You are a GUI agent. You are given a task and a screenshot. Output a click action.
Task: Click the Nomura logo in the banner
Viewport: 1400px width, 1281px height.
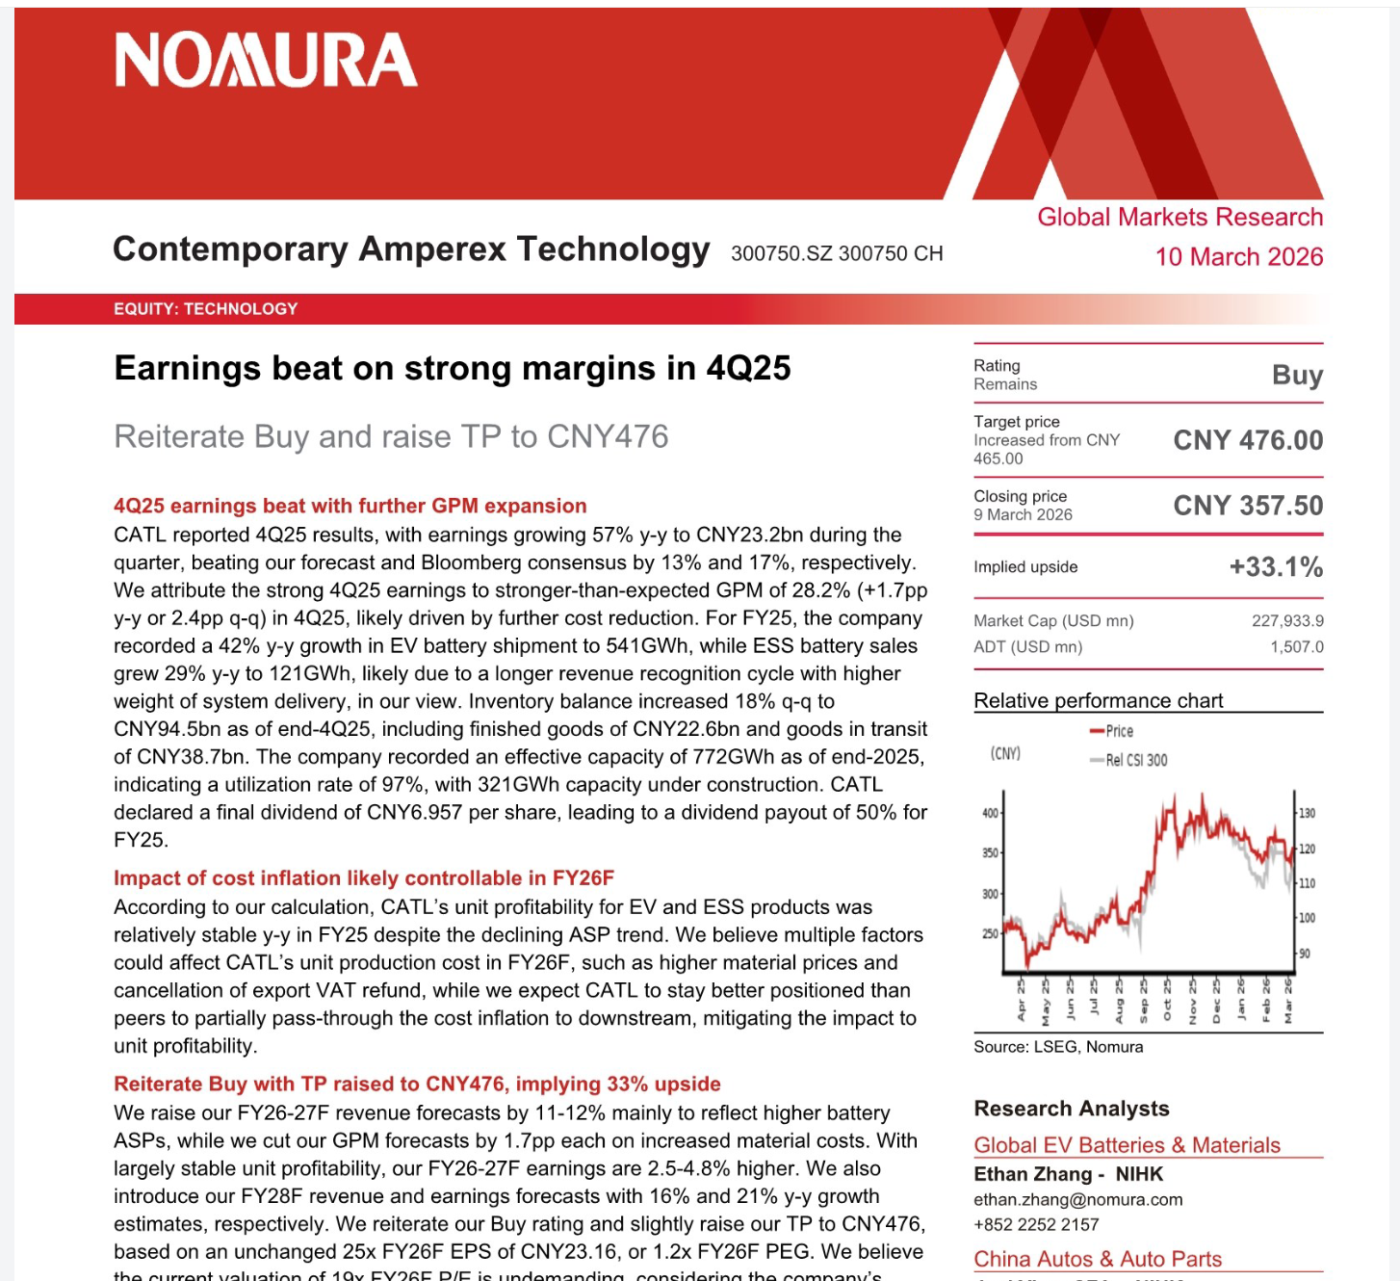point(266,61)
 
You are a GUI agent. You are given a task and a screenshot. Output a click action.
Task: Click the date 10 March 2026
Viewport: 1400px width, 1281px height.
point(1238,257)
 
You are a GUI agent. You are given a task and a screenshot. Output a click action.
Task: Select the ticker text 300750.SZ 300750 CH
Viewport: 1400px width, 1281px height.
point(837,253)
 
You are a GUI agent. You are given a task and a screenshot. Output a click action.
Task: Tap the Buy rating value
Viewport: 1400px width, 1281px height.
point(1297,375)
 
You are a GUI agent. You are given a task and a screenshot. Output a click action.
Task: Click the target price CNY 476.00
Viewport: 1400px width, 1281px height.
point(1248,440)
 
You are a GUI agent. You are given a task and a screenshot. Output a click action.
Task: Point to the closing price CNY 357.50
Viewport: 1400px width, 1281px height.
point(1248,506)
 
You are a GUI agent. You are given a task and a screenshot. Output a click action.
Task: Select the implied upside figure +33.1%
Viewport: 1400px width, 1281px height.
point(1276,566)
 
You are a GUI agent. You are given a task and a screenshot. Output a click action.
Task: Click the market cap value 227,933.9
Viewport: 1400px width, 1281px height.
point(1287,621)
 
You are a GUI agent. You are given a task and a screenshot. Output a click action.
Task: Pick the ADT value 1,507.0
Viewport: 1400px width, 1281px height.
point(1296,647)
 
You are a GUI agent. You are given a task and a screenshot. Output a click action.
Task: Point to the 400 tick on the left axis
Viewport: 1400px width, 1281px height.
point(990,813)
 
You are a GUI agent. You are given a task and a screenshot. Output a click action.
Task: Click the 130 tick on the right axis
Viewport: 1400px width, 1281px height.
point(1307,813)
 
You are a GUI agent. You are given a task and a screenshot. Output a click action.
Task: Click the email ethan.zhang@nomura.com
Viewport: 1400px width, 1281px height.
point(1077,1200)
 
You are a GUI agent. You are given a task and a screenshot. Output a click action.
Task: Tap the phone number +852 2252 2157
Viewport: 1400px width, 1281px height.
point(1036,1224)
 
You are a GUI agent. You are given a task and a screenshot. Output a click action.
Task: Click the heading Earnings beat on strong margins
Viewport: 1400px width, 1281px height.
point(453,369)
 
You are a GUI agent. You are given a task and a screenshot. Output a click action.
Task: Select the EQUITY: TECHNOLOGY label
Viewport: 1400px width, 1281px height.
point(206,309)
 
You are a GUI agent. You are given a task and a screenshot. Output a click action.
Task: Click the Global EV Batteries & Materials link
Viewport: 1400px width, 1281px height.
point(1127,1145)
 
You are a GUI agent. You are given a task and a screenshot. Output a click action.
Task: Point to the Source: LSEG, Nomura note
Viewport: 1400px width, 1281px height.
point(1058,1047)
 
